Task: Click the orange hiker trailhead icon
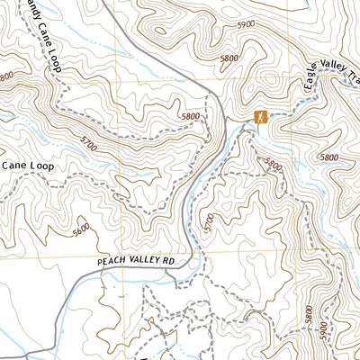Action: click(x=260, y=117)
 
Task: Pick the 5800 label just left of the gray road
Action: click(x=190, y=117)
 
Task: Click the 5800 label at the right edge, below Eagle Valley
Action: click(x=329, y=157)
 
